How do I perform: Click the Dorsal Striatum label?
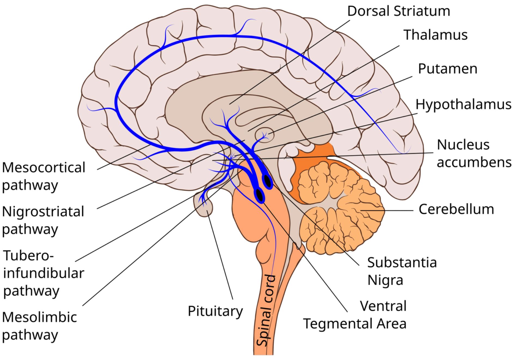399,11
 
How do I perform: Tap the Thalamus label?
435,35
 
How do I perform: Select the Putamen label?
448,69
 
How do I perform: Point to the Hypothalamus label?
463,104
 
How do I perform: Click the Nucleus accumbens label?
474,153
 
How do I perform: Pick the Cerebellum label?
456,209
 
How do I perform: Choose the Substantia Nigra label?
402,271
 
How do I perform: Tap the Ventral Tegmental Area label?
355,315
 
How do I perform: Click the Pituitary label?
215,311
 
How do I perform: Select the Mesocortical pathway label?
44,176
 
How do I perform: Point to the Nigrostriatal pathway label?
43,220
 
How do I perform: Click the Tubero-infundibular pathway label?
44,273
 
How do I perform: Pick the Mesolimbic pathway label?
39,326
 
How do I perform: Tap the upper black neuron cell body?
267,181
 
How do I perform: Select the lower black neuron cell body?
260,195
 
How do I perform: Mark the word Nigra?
385,280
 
